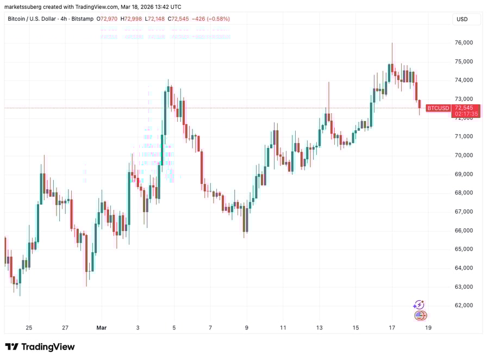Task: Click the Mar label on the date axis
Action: tap(101, 328)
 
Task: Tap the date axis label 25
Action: tap(29, 328)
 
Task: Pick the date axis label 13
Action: tap(320, 328)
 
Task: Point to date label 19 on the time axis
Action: tap(428, 328)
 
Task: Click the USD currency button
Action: tap(462, 19)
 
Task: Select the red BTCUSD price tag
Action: tap(438, 108)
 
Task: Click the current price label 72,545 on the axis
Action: tap(466, 108)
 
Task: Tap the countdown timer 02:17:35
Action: tap(466, 114)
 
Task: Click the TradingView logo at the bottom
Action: tap(40, 347)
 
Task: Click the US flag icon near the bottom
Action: tap(420, 315)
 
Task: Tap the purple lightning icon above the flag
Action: tap(419, 305)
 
